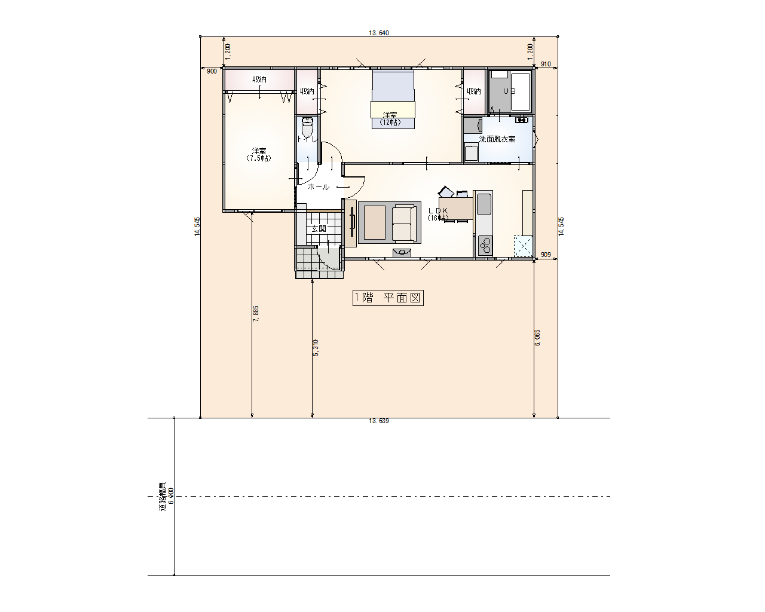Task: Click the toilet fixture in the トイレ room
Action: [x=307, y=128]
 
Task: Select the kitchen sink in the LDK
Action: [x=484, y=204]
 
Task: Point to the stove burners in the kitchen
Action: [x=485, y=245]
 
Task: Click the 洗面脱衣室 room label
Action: [x=497, y=139]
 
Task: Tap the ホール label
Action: [x=318, y=187]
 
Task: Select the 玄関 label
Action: [x=319, y=229]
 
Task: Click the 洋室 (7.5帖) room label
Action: [x=259, y=155]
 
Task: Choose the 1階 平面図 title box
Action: [x=388, y=298]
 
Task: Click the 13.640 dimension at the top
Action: [x=379, y=33]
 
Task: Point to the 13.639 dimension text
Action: [x=379, y=421]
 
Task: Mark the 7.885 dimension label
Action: [x=256, y=314]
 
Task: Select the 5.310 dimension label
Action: [x=316, y=348]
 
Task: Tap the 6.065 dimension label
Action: [x=537, y=338]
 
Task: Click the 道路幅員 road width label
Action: [x=162, y=496]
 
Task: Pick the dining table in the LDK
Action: [x=456, y=209]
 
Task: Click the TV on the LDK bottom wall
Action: [x=402, y=252]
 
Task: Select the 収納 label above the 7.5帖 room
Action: [x=259, y=79]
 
